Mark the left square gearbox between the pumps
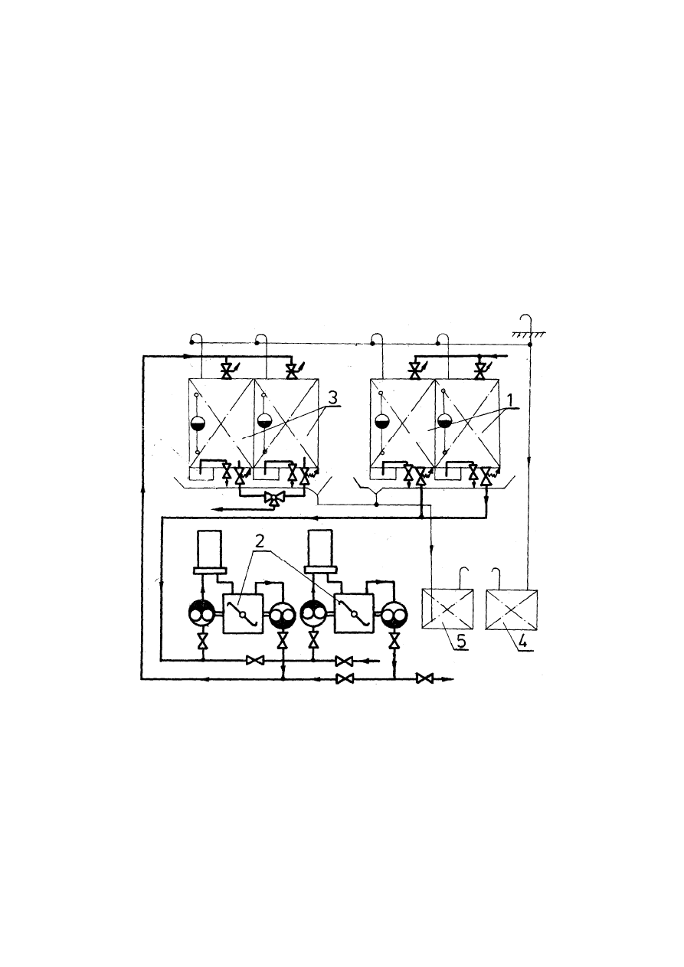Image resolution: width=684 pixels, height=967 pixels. coord(243,613)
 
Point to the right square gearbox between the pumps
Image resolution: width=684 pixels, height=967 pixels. coord(353,613)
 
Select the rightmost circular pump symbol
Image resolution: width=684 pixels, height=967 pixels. coord(394,614)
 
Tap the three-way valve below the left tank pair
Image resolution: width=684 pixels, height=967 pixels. coord(272,498)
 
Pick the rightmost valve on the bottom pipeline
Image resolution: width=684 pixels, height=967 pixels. coord(424,678)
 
